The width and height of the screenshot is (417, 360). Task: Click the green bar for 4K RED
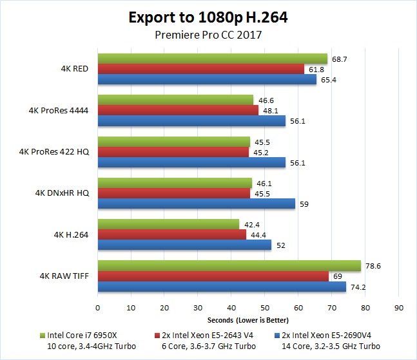pyautogui.click(x=213, y=59)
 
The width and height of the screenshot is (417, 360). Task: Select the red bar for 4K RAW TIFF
pyautogui.click(x=213, y=276)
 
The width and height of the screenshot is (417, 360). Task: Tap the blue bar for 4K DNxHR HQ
pyautogui.click(x=196, y=204)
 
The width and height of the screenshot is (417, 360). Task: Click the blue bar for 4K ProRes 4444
pyautogui.click(x=191, y=120)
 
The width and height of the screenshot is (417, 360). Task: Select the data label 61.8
pyautogui.click(x=316, y=69)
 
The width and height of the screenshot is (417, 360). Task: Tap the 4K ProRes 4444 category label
pyautogui.click(x=59, y=110)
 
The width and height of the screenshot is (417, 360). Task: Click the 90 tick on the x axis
pyautogui.click(x=399, y=308)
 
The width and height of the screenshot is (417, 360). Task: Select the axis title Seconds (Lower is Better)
pyautogui.click(x=248, y=320)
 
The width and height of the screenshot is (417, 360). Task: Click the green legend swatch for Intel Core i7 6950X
pyautogui.click(x=43, y=335)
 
